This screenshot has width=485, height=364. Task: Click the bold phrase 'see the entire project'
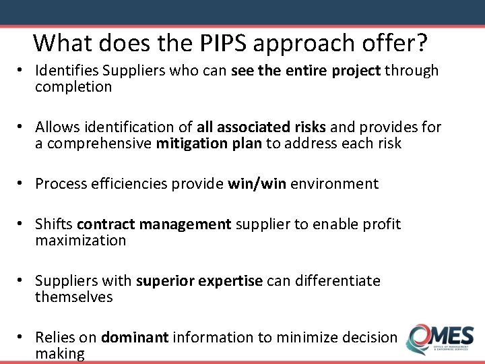306,71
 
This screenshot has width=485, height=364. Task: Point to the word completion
73,87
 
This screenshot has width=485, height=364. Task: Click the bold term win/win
259,183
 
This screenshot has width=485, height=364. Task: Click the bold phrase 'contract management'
154,224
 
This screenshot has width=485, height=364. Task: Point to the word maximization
81,240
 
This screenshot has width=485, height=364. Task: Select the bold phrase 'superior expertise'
199,280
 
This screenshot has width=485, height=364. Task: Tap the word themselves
74,297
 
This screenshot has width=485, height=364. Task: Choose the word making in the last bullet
60,353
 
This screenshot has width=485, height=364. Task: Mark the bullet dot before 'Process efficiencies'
22,183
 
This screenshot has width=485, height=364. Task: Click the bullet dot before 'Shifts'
22,224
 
